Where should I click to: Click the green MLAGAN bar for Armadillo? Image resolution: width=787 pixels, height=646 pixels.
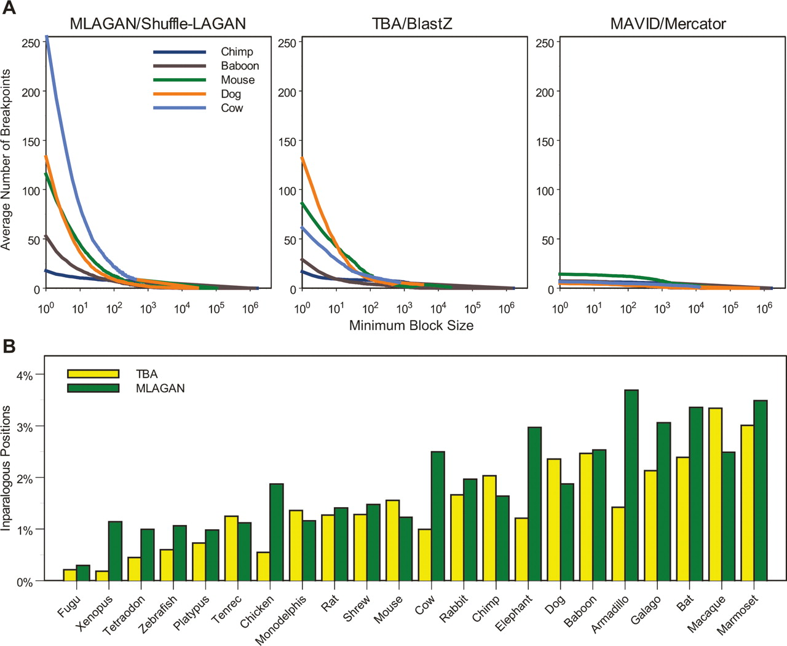point(631,485)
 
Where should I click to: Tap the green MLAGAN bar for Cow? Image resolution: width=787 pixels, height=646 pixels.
point(438,516)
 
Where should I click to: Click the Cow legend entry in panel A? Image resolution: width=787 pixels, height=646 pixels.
point(232,108)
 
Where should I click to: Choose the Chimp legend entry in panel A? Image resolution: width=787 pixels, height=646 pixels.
point(237,52)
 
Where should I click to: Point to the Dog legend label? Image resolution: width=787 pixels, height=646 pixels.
point(231,94)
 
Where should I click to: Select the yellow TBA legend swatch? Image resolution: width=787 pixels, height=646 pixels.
point(93,374)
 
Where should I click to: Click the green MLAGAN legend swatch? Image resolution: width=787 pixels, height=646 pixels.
point(93,388)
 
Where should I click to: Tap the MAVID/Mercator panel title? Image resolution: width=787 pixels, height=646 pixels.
point(668,24)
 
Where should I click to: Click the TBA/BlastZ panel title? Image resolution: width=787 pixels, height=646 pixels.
point(412,24)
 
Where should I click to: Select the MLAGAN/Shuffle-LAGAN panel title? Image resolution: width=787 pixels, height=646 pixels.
point(158,24)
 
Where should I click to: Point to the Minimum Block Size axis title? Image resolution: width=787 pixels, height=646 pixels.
point(411,326)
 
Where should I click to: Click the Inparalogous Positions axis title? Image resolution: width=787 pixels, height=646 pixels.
point(7,468)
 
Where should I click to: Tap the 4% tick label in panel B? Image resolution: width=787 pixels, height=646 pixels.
point(25,375)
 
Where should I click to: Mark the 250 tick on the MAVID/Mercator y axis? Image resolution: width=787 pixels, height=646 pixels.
point(545,43)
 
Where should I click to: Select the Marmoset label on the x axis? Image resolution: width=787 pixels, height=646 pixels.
point(738,614)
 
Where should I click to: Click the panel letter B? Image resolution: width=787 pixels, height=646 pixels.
point(9,346)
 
